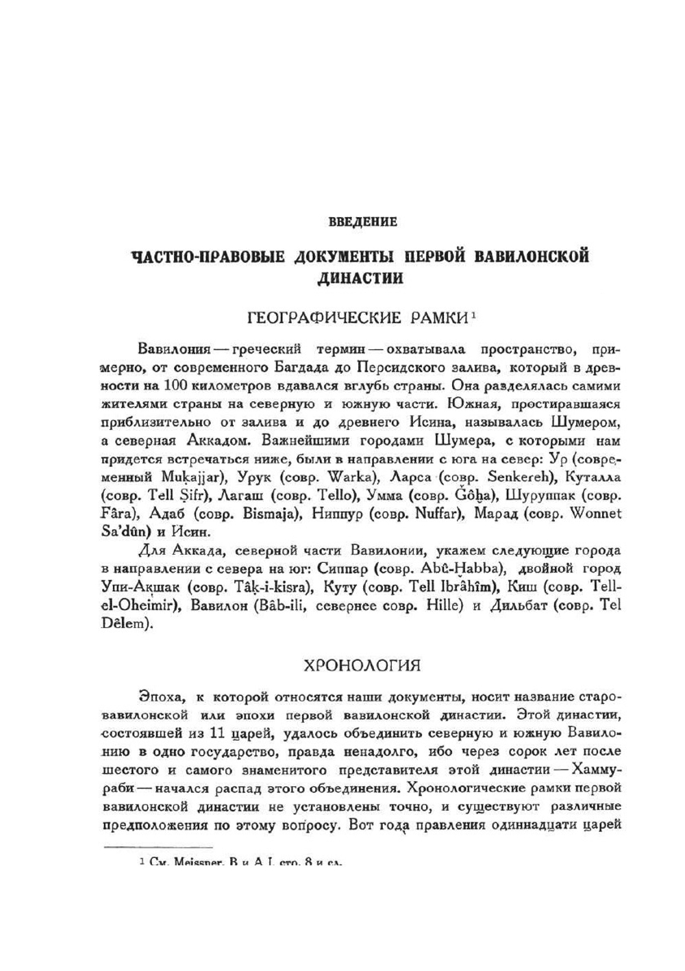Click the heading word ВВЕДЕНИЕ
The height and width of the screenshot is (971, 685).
[x=362, y=222]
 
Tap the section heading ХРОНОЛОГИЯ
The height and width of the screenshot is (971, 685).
[x=361, y=665]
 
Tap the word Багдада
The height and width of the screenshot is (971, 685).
[x=299, y=368]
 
